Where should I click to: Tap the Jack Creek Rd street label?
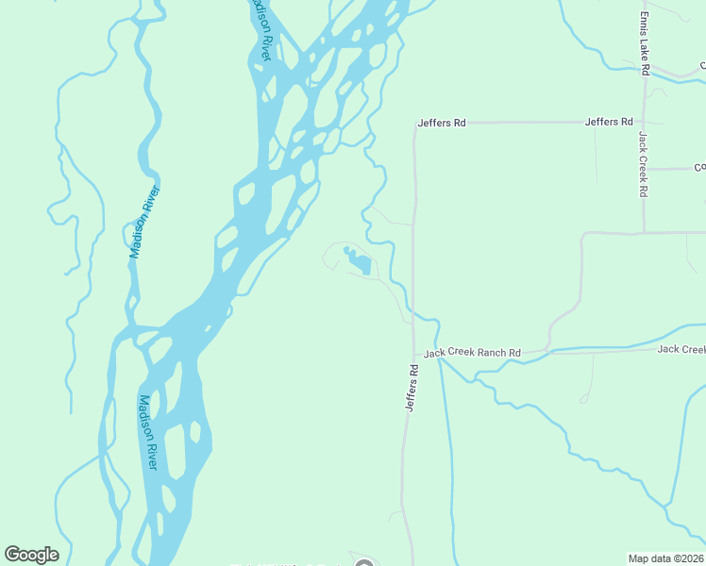[x=642, y=164]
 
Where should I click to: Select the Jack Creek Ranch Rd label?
[x=472, y=354]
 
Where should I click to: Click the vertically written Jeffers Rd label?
[x=411, y=388]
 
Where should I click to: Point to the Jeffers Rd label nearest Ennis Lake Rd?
[x=609, y=122]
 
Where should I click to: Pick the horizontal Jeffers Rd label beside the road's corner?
[x=443, y=123]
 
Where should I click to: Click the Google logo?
[x=31, y=555]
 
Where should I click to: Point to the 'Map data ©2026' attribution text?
[x=665, y=558]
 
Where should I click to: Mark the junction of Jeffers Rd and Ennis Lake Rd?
[x=645, y=122]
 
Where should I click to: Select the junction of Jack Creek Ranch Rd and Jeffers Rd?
[x=413, y=355]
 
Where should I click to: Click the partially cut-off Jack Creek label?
[x=681, y=349]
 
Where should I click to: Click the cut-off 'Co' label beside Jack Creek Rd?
[x=699, y=168]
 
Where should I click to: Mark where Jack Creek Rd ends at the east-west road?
[x=645, y=232]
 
